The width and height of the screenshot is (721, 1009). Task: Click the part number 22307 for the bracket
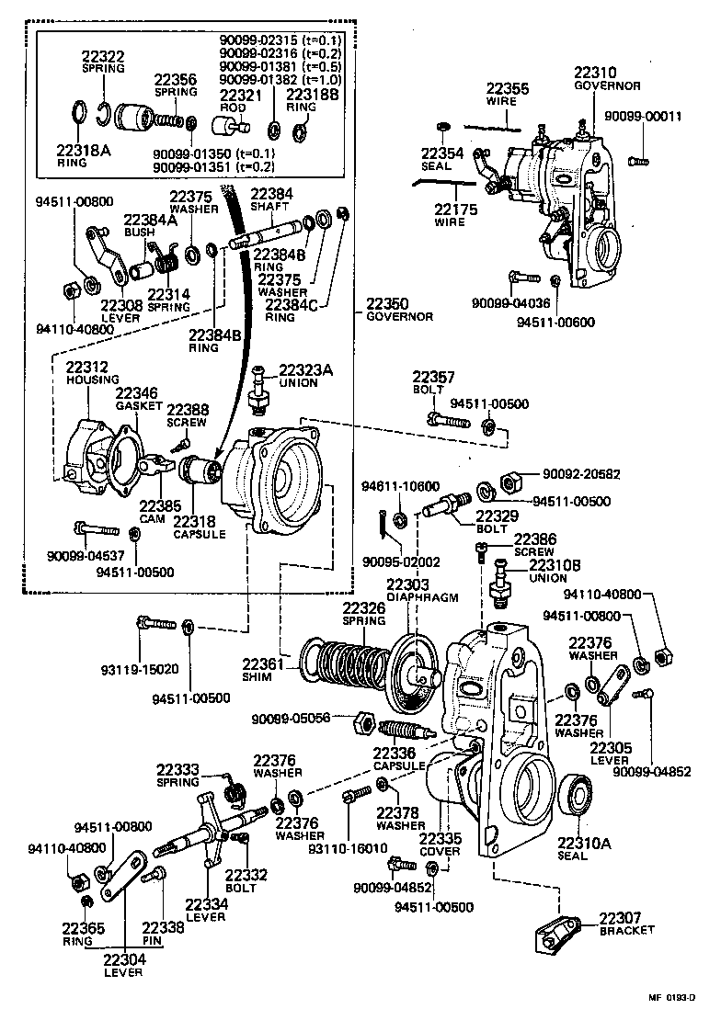pos(622,917)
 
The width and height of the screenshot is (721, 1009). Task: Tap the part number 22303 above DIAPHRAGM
pos(407,584)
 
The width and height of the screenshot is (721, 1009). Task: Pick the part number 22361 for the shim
pos(264,663)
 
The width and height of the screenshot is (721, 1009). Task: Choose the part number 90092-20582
pos(580,475)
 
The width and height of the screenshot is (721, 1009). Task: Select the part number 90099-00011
pos(643,116)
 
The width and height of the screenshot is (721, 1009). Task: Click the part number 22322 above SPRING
pos(102,56)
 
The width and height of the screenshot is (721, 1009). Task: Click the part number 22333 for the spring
pos(177,770)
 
